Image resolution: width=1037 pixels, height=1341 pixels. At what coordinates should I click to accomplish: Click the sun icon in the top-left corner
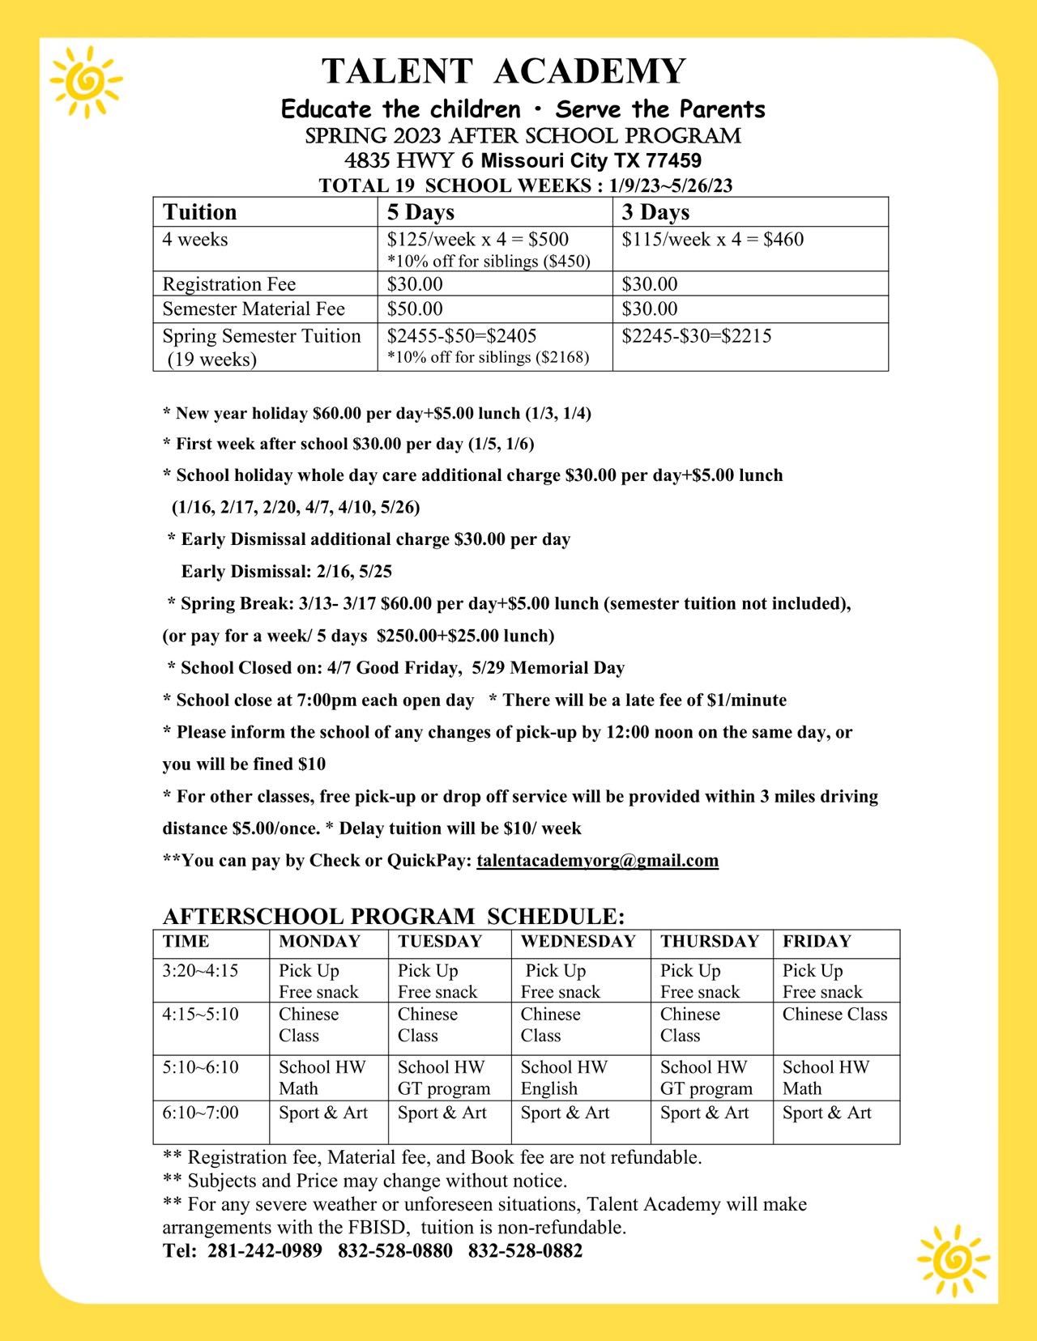[x=85, y=82]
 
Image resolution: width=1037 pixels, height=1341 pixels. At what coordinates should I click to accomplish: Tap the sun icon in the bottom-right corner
[x=953, y=1258]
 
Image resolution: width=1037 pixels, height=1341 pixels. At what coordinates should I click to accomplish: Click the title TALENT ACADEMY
[x=504, y=71]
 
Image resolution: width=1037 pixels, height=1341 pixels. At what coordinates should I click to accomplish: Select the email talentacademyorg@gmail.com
[x=597, y=860]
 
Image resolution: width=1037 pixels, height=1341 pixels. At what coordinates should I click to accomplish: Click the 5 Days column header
[x=420, y=212]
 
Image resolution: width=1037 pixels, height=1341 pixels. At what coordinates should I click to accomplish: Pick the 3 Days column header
[x=655, y=212]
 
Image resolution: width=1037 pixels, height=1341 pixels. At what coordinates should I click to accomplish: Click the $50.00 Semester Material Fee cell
[x=415, y=309]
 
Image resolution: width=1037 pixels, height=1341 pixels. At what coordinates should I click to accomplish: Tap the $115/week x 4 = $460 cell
[x=712, y=240]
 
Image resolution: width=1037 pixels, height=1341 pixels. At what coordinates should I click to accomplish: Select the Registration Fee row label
[x=229, y=284]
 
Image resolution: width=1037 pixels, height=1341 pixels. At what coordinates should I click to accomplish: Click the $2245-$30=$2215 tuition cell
[x=696, y=336]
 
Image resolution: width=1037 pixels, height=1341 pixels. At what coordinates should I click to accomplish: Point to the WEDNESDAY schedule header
[x=578, y=941]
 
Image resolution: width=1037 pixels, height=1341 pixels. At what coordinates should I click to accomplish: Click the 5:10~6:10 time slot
[x=200, y=1067]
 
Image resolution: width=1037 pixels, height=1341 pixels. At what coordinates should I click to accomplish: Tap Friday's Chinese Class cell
[x=834, y=1015]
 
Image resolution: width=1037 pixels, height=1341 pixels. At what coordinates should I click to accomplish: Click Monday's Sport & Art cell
[x=323, y=1113]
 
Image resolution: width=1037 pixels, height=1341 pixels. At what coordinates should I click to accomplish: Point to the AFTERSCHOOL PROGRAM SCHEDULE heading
[x=394, y=917]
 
